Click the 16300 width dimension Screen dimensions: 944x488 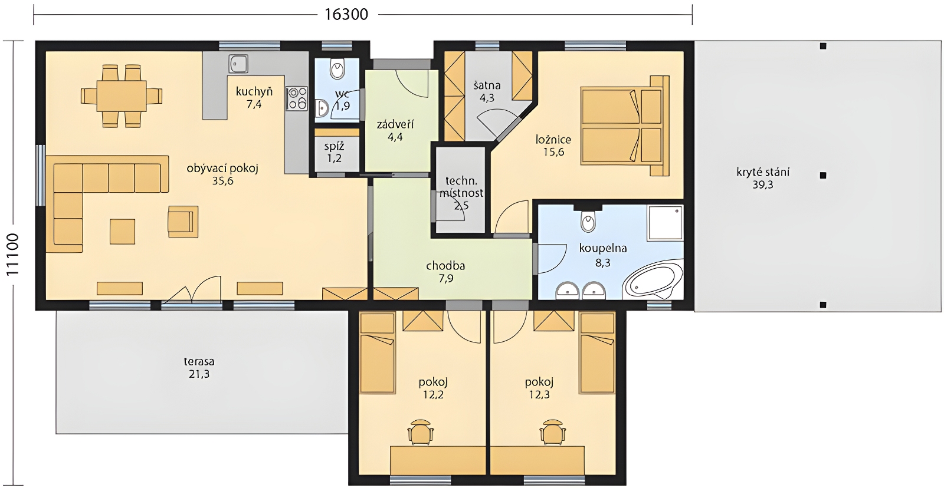click(346, 15)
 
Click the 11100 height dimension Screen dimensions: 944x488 click(13, 255)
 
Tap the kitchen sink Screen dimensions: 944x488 click(238, 64)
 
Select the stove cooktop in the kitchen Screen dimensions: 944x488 click(297, 98)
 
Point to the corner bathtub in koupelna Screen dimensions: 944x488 click(654, 279)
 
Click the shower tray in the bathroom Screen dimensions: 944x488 click(665, 223)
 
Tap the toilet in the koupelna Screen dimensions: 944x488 click(588, 220)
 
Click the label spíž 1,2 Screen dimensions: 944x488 click(334, 153)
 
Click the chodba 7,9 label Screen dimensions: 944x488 click(445, 272)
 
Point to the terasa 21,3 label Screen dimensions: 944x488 click(199, 368)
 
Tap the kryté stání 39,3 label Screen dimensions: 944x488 click(763, 179)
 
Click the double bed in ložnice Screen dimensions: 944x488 click(625, 126)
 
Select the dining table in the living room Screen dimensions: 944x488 click(122, 96)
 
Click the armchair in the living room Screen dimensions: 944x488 click(183, 222)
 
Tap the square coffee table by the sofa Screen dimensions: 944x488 click(123, 232)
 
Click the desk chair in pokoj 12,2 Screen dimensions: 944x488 click(421, 431)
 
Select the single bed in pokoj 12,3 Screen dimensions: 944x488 click(597, 353)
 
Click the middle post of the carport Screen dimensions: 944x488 click(823, 176)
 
